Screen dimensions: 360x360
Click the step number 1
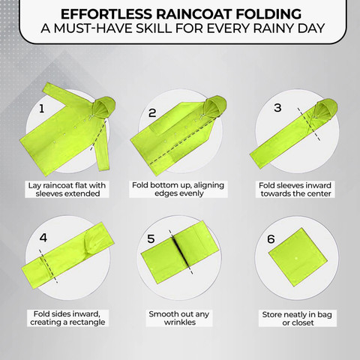42,109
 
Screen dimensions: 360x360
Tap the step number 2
152,113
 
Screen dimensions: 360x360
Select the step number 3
277,108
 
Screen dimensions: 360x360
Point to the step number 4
43,238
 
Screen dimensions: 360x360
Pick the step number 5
151,238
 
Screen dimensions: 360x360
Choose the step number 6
271,239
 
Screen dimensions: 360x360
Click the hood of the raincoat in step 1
103,106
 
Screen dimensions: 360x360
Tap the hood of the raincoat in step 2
215,106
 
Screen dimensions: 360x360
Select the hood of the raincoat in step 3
325,109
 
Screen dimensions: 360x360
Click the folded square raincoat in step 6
298,257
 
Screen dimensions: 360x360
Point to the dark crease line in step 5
180,252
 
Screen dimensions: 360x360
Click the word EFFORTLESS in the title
106,14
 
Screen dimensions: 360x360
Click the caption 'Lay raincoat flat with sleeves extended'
67,190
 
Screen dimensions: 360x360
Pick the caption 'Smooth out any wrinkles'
179,318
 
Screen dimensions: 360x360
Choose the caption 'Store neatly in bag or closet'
297,319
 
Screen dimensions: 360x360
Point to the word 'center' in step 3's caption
319,193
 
